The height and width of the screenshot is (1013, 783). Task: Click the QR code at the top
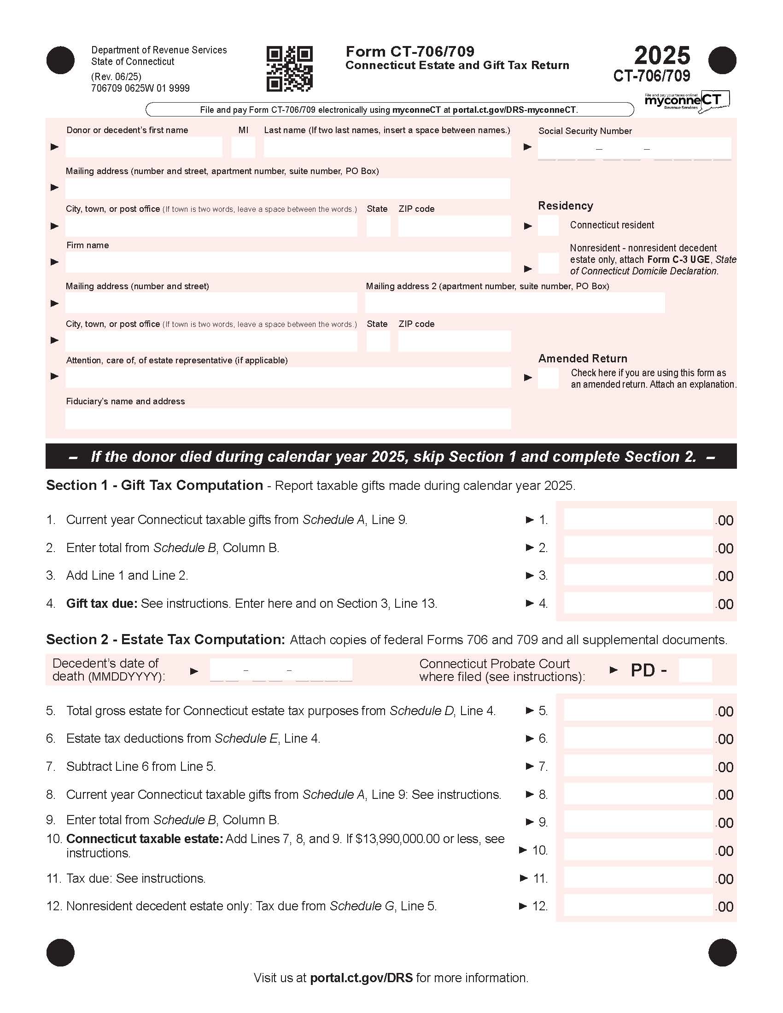click(289, 69)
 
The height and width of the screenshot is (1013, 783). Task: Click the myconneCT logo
click(687, 101)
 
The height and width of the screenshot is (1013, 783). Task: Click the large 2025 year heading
click(662, 56)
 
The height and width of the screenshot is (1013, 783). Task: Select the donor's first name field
click(144, 147)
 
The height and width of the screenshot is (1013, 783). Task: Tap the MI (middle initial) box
click(243, 147)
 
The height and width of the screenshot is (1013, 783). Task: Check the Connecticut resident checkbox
click(548, 226)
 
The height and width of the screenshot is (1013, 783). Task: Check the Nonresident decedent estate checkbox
click(548, 263)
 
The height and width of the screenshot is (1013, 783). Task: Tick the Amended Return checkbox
click(548, 378)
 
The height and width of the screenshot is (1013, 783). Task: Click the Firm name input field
click(287, 262)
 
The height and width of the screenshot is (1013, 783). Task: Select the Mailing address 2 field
click(515, 303)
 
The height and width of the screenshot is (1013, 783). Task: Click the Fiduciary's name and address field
click(287, 419)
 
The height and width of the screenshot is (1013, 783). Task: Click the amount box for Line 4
click(638, 603)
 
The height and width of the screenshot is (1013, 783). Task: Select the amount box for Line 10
click(638, 850)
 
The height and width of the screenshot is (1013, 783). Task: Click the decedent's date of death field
click(281, 670)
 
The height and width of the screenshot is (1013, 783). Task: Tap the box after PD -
click(695, 670)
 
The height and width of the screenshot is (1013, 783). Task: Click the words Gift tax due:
click(102, 604)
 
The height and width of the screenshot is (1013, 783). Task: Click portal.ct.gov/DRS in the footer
click(361, 978)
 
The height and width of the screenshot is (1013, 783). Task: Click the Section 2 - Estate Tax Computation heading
click(165, 640)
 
